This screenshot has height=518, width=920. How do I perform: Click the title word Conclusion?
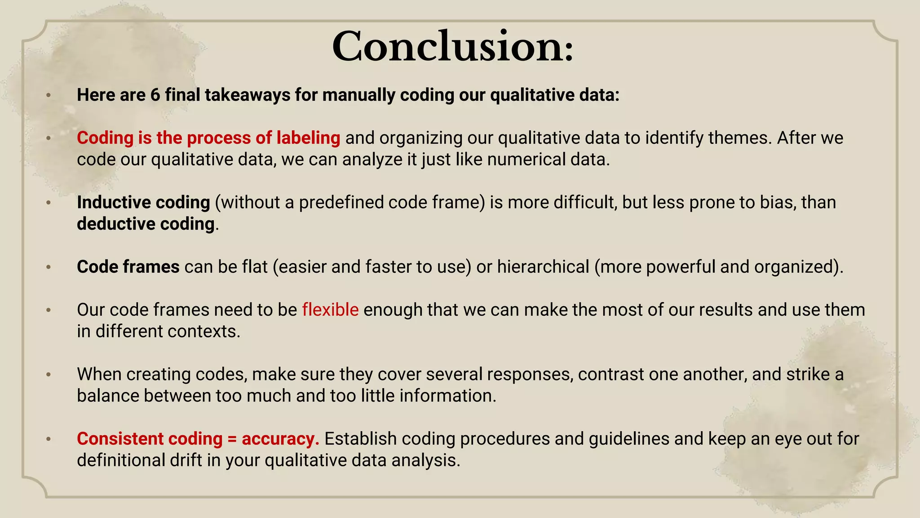[452, 47]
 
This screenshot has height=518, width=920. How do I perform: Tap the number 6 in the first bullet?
[155, 95]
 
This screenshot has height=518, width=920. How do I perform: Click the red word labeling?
[308, 138]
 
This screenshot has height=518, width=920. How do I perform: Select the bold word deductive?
[116, 224]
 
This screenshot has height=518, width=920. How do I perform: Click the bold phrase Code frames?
[128, 267]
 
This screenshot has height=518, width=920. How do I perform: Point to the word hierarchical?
[543, 267]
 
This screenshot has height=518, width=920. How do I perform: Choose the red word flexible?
[330, 310]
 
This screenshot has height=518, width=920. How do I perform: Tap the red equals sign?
[232, 439]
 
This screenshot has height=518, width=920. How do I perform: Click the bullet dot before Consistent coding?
[49, 439]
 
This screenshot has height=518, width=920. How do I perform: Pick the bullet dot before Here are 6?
[49, 95]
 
